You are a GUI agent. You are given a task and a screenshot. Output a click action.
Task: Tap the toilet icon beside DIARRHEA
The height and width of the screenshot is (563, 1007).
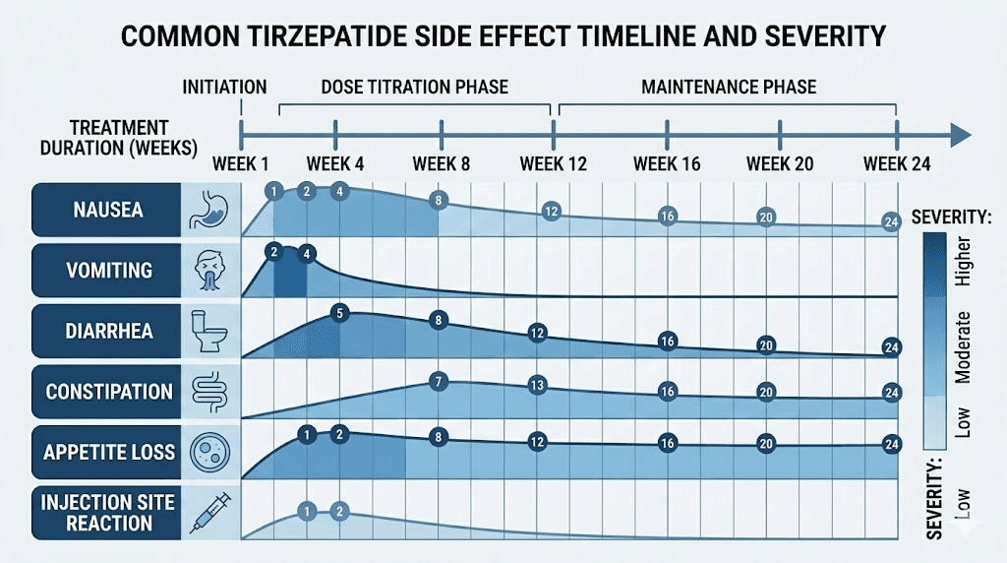211,330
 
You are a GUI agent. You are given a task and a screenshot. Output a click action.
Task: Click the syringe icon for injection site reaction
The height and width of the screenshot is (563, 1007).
211,512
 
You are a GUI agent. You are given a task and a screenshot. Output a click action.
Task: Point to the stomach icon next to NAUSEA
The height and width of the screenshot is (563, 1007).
211,209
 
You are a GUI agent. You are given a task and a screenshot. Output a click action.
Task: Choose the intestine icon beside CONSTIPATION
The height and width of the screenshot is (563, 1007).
211,391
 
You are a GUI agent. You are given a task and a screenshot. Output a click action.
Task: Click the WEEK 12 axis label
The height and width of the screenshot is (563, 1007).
553,163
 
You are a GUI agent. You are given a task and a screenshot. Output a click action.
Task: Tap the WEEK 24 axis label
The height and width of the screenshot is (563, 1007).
896,163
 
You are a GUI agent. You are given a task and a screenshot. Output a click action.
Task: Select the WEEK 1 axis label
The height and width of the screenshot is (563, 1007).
241,163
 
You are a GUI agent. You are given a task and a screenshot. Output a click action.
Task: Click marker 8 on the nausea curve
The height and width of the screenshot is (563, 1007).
440,201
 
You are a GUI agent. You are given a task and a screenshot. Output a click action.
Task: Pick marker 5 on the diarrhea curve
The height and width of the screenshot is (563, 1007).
339,314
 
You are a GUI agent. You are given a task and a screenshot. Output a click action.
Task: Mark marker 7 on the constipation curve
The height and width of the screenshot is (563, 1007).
440,382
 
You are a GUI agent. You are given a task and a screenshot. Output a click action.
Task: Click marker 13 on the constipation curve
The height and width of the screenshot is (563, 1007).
536,385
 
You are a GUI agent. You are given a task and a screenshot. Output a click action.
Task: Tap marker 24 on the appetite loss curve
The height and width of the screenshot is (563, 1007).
892,443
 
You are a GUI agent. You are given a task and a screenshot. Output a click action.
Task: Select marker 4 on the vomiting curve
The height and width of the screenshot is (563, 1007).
307,254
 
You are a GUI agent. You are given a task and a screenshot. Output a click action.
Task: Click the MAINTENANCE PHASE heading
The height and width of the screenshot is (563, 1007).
729,87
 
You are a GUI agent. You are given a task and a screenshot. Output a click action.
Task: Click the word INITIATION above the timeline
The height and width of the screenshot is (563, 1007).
224,87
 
